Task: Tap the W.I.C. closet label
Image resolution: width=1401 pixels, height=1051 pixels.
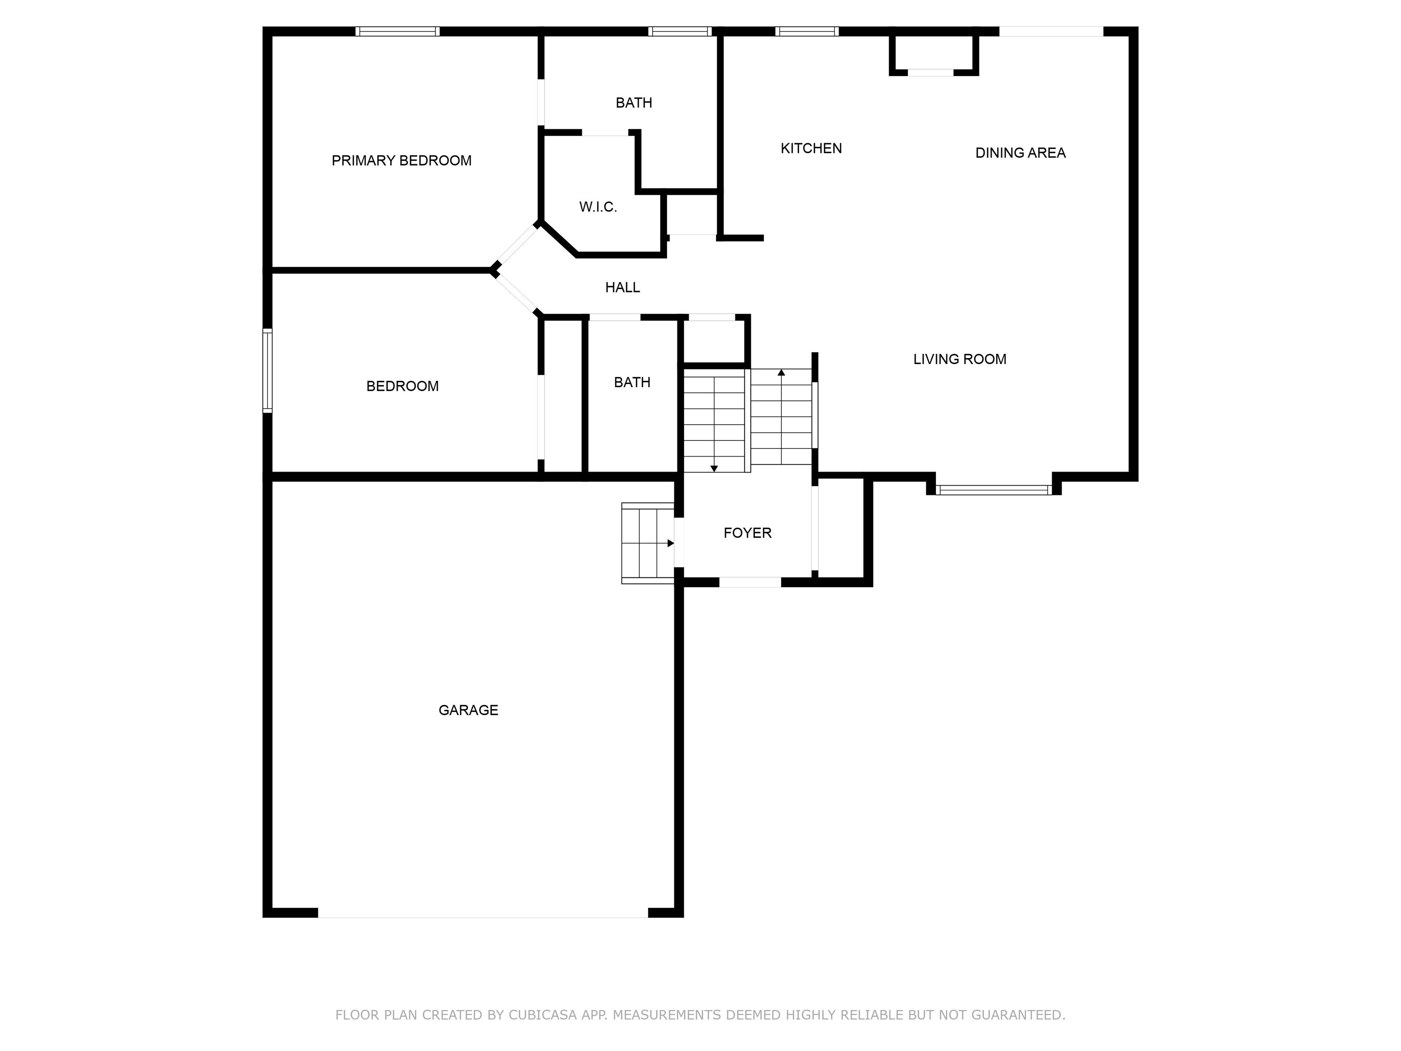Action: (598, 207)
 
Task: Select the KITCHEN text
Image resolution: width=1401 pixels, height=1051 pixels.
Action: (811, 148)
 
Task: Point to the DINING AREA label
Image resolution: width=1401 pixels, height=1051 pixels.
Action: (1020, 153)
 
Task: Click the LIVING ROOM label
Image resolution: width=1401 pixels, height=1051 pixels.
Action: (959, 359)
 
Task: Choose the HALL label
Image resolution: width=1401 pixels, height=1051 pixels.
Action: (622, 288)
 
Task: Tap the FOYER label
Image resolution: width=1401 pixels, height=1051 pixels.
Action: (747, 533)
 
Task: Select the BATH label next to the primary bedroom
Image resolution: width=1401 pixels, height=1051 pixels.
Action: (633, 103)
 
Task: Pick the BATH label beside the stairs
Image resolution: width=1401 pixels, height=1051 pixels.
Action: (632, 382)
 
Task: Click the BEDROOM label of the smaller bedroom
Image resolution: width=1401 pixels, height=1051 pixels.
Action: (402, 386)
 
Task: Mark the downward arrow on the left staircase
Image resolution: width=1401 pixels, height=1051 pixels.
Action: (714, 468)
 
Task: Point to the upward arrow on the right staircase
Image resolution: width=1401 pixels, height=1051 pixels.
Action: (781, 373)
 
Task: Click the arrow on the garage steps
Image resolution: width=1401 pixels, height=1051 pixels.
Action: (670, 543)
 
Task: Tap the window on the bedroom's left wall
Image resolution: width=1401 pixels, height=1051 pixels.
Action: (267, 370)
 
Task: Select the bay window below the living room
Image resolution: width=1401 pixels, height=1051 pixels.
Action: (993, 490)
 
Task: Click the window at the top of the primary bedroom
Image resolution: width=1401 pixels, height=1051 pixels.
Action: (397, 31)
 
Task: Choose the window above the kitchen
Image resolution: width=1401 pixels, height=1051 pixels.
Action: (806, 31)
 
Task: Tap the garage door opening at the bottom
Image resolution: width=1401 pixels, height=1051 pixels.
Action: (483, 912)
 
